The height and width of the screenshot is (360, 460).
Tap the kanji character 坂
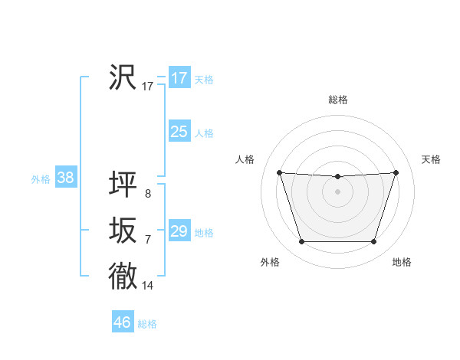(x=123, y=231)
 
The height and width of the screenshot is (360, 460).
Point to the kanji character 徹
(x=123, y=276)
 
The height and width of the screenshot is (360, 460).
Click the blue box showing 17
(x=179, y=78)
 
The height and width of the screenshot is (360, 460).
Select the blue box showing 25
(x=179, y=132)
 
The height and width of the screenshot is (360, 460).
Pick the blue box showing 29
(x=179, y=231)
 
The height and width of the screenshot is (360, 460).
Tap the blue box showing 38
(x=66, y=178)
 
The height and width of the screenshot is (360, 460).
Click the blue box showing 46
(x=123, y=322)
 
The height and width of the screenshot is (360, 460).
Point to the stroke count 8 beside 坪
(x=148, y=194)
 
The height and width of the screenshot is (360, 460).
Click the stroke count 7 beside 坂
(x=148, y=240)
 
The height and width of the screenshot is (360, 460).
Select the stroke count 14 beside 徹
(x=148, y=286)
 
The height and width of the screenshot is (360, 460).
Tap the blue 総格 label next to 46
(x=147, y=324)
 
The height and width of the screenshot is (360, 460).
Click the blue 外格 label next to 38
(x=41, y=180)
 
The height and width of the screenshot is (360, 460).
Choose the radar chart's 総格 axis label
(x=337, y=100)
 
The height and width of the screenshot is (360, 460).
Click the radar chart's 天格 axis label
(x=431, y=159)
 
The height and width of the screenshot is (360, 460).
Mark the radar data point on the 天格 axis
(x=396, y=172)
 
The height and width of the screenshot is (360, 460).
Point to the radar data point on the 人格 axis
(x=279, y=172)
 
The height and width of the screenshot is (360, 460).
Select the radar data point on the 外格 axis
(x=301, y=242)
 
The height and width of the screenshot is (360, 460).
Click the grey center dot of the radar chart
(x=337, y=191)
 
